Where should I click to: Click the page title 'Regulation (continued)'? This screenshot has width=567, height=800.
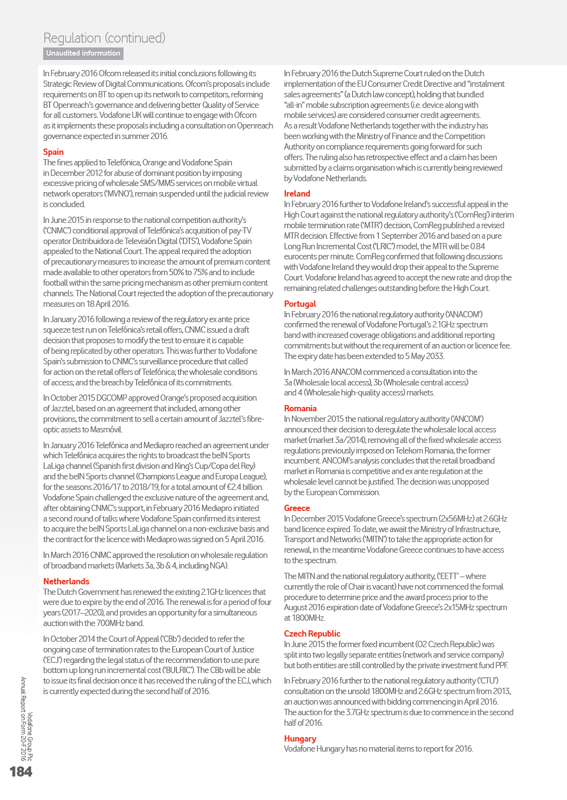pos(104,38)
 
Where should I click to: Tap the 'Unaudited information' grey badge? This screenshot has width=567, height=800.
pos(83,53)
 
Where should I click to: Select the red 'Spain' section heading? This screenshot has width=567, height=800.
pos(53,152)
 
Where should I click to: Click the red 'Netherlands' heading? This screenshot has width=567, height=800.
pos(66,581)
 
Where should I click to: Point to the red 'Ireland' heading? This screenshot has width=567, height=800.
pos(297,194)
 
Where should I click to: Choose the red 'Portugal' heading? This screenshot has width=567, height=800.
pos(300,304)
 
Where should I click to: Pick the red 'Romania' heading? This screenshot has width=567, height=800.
pos(300,408)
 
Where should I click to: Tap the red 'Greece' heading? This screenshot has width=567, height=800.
pos(297,508)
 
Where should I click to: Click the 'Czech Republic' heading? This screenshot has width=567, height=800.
pos(312,634)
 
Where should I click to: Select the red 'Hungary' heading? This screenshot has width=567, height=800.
pos(300,739)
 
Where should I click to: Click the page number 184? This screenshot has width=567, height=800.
pos(21,771)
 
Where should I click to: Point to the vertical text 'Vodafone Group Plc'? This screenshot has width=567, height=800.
pos(30,736)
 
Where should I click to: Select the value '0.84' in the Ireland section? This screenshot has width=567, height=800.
pos(477,246)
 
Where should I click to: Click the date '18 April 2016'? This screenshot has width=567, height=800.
pos(101,304)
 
